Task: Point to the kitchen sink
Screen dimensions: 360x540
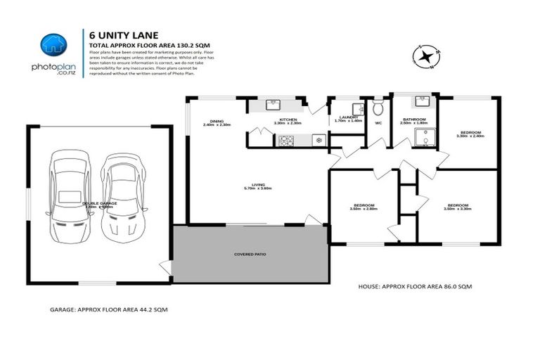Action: tap(274, 105)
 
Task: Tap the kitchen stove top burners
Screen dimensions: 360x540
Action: tap(286, 141)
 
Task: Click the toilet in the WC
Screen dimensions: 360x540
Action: tap(378, 108)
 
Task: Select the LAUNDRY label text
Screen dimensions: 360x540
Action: tap(349, 119)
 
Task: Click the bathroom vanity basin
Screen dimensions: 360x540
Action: tap(422, 101)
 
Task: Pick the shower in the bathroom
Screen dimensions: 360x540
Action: tap(425, 137)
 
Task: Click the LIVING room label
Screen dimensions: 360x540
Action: tap(257, 186)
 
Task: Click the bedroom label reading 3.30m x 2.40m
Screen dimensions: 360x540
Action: tap(470, 134)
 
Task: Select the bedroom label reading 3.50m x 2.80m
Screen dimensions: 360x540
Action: tap(365, 207)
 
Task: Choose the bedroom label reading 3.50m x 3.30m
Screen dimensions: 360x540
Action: tap(458, 207)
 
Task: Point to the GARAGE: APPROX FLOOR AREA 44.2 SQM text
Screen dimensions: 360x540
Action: tap(108, 309)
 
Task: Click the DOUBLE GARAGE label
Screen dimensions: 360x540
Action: tap(98, 205)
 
